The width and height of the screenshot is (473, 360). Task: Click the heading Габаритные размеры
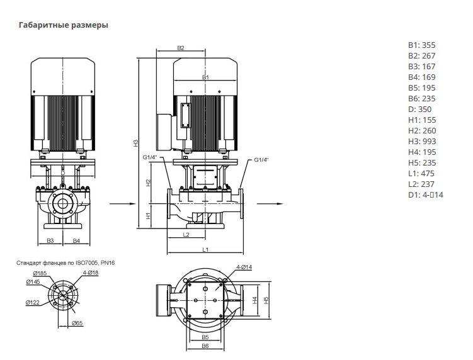point(64,25)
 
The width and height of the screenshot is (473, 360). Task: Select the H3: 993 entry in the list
point(422,142)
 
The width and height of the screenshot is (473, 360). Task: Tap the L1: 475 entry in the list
point(421,173)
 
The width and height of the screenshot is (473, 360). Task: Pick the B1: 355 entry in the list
point(422,45)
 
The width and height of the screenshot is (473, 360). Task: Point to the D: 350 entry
point(420,109)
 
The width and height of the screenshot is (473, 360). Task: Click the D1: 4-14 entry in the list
point(426,194)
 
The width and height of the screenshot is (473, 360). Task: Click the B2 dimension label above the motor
point(180,48)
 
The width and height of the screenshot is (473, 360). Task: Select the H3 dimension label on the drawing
point(136,143)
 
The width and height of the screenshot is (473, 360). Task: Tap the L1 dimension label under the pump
point(205,249)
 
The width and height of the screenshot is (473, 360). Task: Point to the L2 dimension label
point(186,234)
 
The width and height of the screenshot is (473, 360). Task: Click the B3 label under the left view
point(50,240)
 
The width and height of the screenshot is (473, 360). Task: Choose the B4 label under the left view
point(76,240)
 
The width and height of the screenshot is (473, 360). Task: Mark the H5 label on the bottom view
point(266,300)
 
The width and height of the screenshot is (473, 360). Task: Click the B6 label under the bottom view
point(205,346)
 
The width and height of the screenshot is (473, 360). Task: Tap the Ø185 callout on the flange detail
point(40,273)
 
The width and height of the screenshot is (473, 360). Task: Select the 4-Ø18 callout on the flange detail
point(91,273)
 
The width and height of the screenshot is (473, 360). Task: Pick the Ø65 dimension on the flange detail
point(77,323)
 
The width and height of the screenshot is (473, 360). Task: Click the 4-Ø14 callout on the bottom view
point(244,267)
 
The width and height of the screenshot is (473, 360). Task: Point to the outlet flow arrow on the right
point(270,204)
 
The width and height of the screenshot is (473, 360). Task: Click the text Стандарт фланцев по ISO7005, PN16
point(66,263)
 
